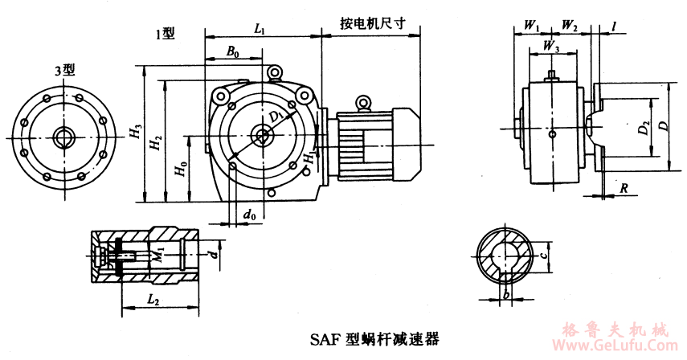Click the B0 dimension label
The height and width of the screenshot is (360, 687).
[x=231, y=51]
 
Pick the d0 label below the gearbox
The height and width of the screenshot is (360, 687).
[x=251, y=215]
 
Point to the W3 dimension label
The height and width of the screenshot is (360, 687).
[x=551, y=46]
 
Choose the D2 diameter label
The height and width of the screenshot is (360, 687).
[x=642, y=129]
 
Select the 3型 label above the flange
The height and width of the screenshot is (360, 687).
[x=64, y=70]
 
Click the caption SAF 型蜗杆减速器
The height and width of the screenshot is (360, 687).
[x=374, y=337]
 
